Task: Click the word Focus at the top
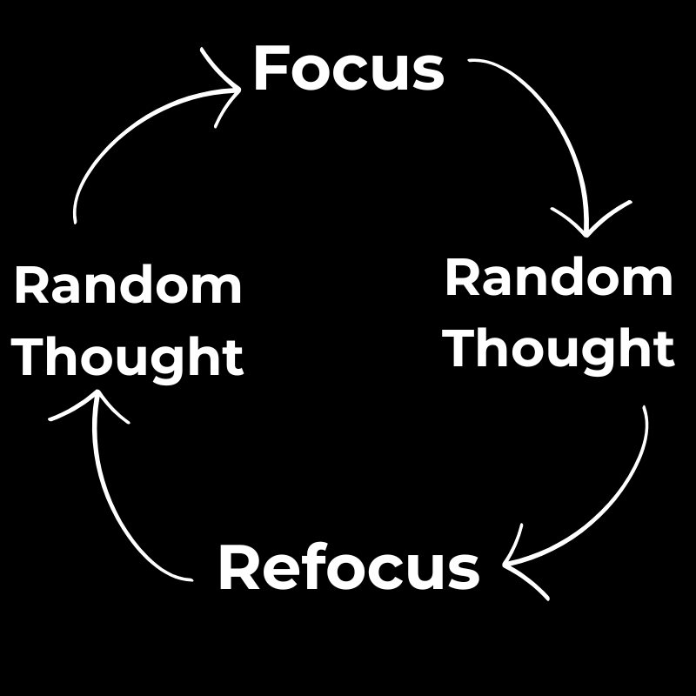(x=348, y=70)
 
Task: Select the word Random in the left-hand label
(x=128, y=287)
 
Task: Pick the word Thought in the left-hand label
(x=128, y=358)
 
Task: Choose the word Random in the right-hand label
(x=559, y=279)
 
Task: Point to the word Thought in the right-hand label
(x=559, y=349)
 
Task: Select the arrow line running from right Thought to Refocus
(x=622, y=496)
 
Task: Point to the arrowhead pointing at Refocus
(x=513, y=565)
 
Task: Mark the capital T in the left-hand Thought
(x=30, y=357)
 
